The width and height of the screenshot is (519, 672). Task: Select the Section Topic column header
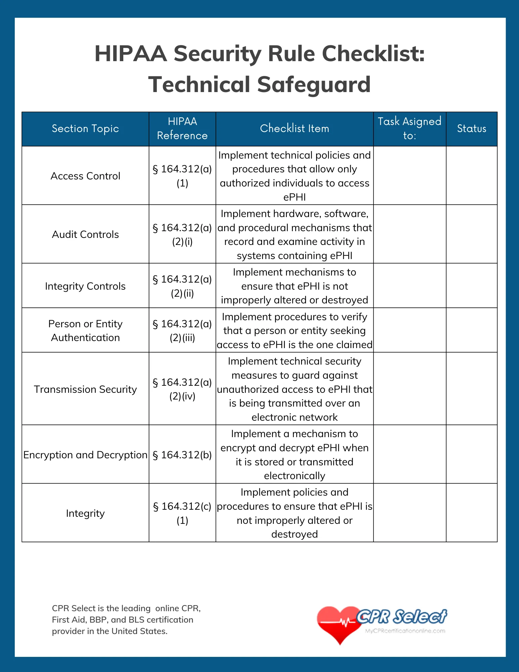(x=85, y=129)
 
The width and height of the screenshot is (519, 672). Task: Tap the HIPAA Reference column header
(x=182, y=129)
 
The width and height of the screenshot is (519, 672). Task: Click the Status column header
(x=471, y=129)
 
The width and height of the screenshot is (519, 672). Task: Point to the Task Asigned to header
(x=409, y=129)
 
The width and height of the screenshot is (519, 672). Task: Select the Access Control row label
(x=85, y=176)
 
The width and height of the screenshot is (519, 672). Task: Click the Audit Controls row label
(x=85, y=235)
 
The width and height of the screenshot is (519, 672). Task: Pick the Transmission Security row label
(x=85, y=389)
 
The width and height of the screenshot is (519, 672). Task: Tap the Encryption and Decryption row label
(x=85, y=455)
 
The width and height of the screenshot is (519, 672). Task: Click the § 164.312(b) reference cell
(x=182, y=455)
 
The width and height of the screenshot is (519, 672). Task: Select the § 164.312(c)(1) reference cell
(x=182, y=513)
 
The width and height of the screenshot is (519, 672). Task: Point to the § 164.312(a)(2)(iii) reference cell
(x=182, y=331)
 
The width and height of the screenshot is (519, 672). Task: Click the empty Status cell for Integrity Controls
(x=471, y=286)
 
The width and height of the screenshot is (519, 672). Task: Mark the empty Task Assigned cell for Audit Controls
(x=409, y=235)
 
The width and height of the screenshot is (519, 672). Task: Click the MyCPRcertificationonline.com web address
(x=405, y=631)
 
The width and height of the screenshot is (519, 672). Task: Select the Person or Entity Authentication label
(x=85, y=331)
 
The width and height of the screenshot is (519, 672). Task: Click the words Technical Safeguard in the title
(x=259, y=84)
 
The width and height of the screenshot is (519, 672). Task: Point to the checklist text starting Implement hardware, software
(x=294, y=235)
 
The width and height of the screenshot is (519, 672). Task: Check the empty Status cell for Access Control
(x=471, y=176)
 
